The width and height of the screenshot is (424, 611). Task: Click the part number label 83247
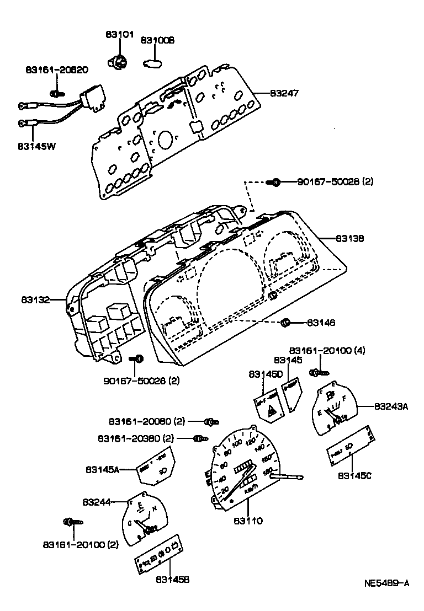click(x=284, y=94)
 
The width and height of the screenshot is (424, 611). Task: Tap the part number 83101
click(x=119, y=34)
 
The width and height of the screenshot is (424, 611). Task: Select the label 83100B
click(x=157, y=40)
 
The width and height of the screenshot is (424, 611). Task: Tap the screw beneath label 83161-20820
click(x=54, y=93)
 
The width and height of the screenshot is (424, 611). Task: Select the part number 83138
click(x=349, y=239)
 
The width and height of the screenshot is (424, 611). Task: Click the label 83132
click(x=36, y=300)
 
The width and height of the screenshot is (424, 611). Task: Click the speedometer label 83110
click(x=248, y=520)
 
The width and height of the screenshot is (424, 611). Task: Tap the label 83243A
click(x=390, y=406)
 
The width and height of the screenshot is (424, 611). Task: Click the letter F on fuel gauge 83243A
click(x=344, y=397)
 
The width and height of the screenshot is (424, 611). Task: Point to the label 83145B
click(x=173, y=579)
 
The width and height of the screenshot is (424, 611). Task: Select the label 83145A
click(x=102, y=469)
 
